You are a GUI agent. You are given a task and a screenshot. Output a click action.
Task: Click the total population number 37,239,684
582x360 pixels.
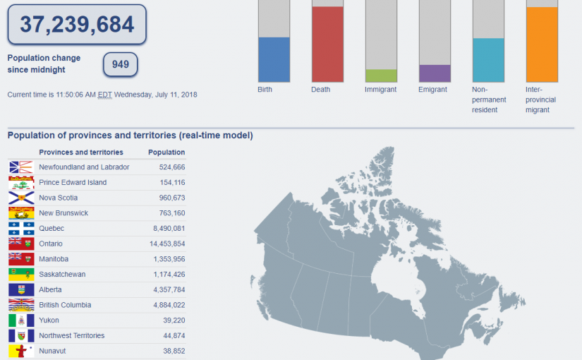[x=77, y=25]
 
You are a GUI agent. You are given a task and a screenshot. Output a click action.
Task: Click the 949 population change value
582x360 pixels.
[x=121, y=65]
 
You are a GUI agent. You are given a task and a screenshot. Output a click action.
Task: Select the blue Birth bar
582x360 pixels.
[x=274, y=59]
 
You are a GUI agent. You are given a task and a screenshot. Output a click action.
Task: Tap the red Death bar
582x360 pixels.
[x=327, y=44]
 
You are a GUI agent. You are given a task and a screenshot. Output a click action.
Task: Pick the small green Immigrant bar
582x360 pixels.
[x=381, y=76]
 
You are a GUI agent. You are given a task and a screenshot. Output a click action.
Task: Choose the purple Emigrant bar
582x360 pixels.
[x=435, y=73]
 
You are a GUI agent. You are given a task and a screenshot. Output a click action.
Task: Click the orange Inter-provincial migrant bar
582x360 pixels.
[x=542, y=44]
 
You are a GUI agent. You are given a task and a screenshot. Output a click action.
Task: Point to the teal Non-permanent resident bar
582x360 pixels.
[x=488, y=60]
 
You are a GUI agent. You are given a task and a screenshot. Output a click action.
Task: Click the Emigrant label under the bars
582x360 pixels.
[x=432, y=90]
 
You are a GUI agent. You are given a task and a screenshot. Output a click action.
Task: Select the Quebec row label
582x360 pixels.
[x=51, y=228]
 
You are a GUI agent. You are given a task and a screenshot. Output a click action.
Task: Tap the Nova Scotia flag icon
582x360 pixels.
[x=21, y=198]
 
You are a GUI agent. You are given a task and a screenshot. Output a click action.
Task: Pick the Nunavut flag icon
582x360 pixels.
[x=21, y=351]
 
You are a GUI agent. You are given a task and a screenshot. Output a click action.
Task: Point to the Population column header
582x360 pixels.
[x=166, y=152]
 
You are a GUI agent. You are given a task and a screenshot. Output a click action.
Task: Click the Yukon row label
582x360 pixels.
[x=49, y=320]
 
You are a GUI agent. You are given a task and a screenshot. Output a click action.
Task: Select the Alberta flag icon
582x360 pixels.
[x=21, y=289]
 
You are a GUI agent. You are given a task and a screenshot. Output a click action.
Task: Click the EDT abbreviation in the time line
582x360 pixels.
[x=105, y=95]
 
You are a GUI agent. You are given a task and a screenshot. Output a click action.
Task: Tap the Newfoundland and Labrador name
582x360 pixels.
[x=84, y=167]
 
